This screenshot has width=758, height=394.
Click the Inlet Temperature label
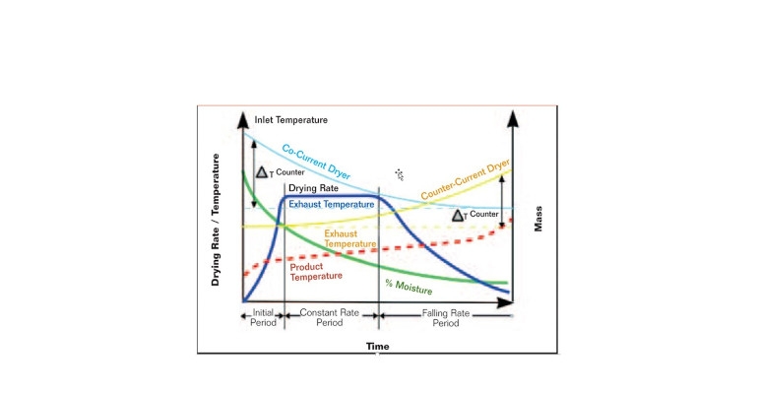coord(290,120)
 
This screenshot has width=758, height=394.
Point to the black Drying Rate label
coord(313,188)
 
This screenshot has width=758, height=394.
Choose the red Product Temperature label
coord(315,271)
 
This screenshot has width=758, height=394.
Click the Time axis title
coord(377,347)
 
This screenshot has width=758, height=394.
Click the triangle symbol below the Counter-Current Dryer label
coord(459,216)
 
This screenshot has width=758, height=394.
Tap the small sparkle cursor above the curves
coord(400,172)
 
